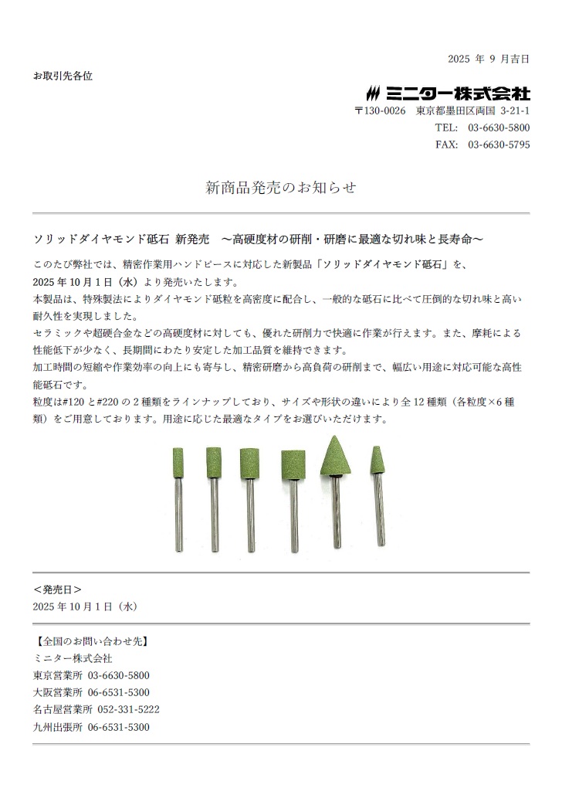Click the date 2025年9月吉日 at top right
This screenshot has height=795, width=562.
pos(488,59)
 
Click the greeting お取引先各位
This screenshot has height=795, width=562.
pos(63,76)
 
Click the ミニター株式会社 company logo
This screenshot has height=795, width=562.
pos(448,93)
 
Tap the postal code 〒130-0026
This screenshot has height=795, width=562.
pos(380,111)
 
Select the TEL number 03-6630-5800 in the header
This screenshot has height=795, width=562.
pos(499,127)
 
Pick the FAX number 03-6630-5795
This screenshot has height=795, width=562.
pos(499,144)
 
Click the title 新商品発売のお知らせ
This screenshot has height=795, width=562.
pos(281,188)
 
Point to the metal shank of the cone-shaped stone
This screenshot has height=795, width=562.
pos(336,514)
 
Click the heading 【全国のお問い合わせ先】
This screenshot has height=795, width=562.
pos(91,641)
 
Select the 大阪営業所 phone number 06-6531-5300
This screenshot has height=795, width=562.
pos(118,692)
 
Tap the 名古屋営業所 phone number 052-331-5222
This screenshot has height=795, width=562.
pos(128,709)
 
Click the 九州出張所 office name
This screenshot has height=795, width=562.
pos(58,727)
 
